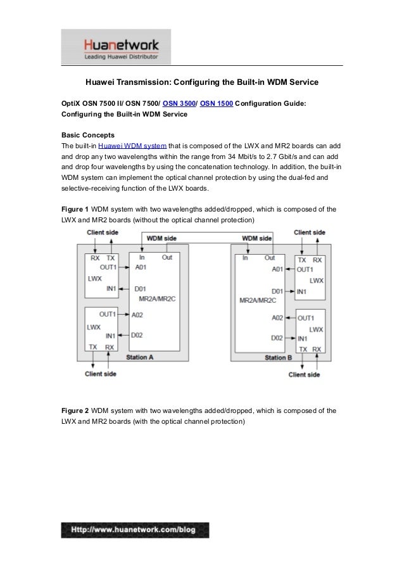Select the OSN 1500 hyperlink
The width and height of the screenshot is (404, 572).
click(216, 103)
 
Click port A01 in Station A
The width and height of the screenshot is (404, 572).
click(141, 268)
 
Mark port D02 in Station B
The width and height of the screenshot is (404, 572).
click(277, 338)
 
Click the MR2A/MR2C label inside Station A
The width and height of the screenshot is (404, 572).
click(153, 298)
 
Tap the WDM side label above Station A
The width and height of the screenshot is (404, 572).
click(162, 238)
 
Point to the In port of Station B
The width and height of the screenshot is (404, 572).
click(244, 258)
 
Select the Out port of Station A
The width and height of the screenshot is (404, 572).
click(168, 257)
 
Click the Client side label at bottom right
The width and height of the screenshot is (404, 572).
click(305, 374)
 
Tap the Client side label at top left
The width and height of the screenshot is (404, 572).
click(102, 232)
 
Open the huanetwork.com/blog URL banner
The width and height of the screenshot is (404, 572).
click(134, 530)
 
